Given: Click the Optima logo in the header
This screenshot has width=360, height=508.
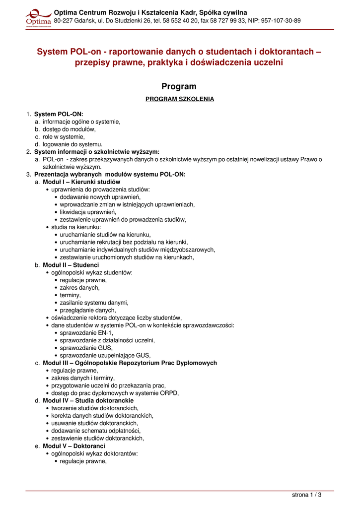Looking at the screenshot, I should tap(38, 17).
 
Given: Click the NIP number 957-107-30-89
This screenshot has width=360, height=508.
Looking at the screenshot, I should tap(282, 21).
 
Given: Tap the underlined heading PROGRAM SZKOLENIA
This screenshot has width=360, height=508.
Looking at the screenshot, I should tap(180, 99).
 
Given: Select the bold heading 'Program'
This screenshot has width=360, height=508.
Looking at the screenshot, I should tap(179, 86).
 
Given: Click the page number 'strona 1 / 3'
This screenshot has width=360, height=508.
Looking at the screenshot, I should tap(306, 495).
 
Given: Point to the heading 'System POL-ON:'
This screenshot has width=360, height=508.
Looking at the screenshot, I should tap(59, 114).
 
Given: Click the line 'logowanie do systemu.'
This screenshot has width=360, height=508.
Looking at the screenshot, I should tap(72, 144).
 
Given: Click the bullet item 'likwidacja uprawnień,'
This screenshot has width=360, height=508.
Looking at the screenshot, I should tap(88, 212).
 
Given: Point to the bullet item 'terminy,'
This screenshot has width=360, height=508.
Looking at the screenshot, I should tap(70, 295).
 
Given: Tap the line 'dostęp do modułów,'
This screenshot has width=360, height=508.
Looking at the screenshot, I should tap(69, 129).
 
